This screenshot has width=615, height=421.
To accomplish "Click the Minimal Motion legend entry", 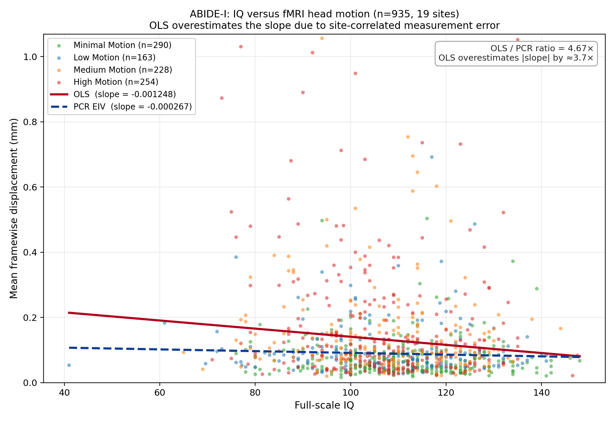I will (122, 45).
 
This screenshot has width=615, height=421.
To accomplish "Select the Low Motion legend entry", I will (114, 57).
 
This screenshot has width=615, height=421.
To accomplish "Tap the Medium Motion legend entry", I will (123, 70).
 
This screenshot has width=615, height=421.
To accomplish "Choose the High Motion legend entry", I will (116, 82).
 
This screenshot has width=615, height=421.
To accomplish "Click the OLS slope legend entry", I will (124, 94).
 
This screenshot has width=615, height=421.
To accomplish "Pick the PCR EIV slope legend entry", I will (132, 107).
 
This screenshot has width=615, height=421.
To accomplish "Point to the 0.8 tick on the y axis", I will (31, 122).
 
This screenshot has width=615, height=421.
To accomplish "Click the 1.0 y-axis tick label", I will (31, 57).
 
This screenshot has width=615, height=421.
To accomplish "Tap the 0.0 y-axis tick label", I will (31, 383).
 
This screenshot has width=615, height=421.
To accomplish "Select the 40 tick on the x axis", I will (64, 393).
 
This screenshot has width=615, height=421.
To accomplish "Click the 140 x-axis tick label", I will (541, 393).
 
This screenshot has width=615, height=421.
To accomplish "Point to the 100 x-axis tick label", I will (350, 393).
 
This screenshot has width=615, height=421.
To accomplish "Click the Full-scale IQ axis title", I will (324, 405).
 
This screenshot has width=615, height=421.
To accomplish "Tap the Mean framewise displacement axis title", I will (14, 208).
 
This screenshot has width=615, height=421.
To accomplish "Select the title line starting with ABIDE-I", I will (324, 14).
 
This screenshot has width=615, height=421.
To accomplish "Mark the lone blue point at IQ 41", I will (69, 365).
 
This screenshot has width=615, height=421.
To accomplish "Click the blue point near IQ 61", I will (164, 323).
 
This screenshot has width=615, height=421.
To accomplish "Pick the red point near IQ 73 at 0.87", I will (222, 98).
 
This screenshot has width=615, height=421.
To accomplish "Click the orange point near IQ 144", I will (561, 329).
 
